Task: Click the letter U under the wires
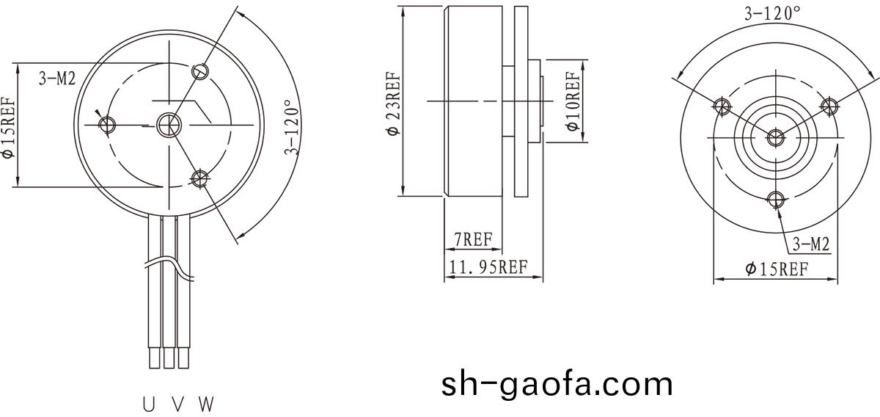150,404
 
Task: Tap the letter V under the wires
177,404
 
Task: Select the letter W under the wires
206,404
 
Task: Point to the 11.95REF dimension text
489,266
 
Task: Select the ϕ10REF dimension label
573,101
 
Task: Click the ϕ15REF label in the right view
777,269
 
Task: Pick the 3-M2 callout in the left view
57,79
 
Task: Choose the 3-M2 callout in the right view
810,245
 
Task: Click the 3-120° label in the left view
293,128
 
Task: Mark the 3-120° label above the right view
772,12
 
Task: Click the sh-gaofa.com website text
557,383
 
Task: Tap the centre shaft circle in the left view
169,125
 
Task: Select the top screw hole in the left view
200,71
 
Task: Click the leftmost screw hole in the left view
108,123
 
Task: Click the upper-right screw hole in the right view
830,106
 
